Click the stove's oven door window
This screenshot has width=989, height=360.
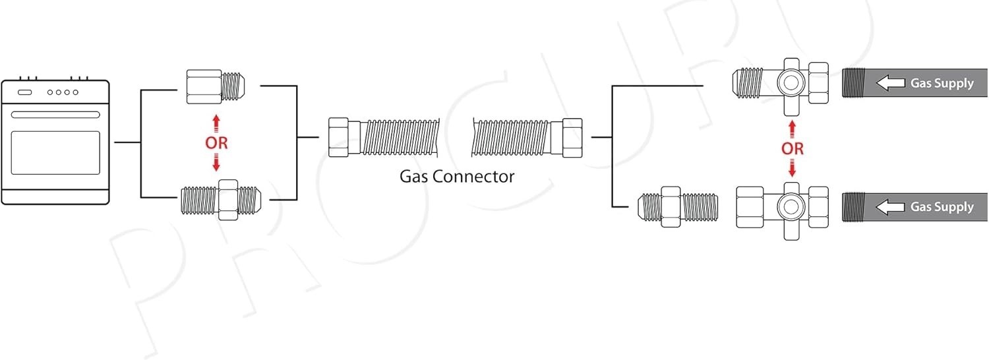pyautogui.click(x=55, y=152)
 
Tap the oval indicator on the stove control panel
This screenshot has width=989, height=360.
pyautogui.click(x=24, y=92)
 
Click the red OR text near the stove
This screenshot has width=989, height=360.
pyautogui.click(x=216, y=143)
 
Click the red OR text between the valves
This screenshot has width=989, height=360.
pyautogui.click(x=792, y=149)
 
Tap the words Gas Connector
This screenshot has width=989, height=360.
pyautogui.click(x=456, y=176)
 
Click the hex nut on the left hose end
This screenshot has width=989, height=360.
pyautogui.click(x=338, y=136)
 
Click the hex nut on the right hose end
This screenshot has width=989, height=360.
pyautogui.click(x=571, y=136)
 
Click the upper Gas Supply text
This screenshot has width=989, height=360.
pyautogui.click(x=942, y=83)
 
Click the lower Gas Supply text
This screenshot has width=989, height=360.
pyautogui.click(x=942, y=207)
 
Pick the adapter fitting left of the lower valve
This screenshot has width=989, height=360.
pyautogui.click(x=678, y=207)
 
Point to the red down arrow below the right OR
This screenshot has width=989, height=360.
pyautogui.click(x=792, y=170)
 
